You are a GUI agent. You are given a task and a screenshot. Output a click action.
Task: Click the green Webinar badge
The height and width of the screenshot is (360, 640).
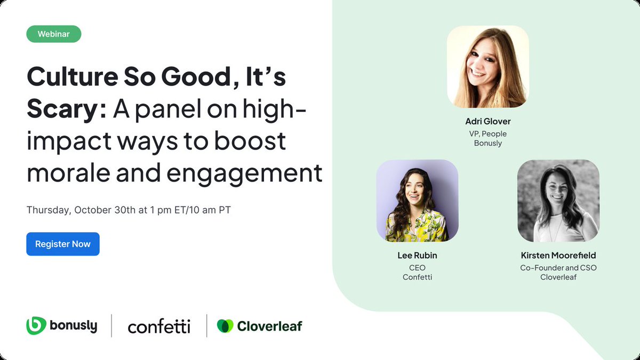pos(54,34)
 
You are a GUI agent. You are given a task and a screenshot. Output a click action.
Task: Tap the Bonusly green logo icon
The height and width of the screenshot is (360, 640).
pos(36,326)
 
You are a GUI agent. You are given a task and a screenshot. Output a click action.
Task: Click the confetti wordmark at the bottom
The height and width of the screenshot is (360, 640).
pos(159,326)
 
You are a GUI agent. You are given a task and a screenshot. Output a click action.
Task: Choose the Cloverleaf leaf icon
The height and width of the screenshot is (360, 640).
pos(225,326)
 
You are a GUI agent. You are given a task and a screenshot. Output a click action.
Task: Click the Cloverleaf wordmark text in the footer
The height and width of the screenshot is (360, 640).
pos(269,326)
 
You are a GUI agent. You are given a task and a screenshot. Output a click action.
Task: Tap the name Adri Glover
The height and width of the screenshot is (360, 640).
pos(487,122)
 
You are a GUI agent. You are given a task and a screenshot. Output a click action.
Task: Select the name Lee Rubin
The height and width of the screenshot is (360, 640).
pos(417,255)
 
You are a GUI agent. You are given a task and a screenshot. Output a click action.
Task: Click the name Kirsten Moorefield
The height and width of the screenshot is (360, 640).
pos(558,255)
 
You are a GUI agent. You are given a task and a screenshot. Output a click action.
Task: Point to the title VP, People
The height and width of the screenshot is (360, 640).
pos(487,133)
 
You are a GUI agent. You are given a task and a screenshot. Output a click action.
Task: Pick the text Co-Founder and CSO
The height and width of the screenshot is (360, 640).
pos(558,267)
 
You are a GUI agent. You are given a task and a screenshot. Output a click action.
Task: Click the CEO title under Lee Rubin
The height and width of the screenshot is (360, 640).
pos(417,267)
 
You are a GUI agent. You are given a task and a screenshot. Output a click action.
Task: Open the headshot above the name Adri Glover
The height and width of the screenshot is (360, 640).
pos(487,67)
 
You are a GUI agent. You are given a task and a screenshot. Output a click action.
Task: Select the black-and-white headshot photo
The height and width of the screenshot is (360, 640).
pos(558,201)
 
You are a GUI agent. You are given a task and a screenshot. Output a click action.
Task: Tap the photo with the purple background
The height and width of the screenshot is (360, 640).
pos(417,201)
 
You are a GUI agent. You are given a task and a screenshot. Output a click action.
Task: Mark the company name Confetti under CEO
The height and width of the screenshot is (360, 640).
pos(417,277)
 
